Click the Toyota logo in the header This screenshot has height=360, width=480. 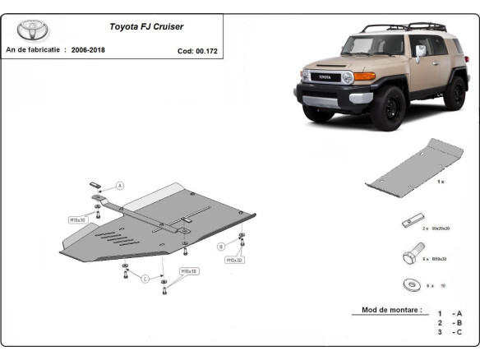point(33,30)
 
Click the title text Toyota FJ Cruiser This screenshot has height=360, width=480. point(147,26)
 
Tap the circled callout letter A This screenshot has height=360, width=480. point(120,187)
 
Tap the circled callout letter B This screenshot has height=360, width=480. point(220,246)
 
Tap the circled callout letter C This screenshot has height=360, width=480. point(145,279)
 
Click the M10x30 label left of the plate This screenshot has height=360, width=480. point(77,220)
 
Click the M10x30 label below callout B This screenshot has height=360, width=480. point(235,260)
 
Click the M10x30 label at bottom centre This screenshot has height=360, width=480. point(188,270)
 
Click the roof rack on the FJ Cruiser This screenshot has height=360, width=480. point(403,29)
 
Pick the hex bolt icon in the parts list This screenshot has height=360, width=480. point(412,255)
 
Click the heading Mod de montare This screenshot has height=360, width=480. point(391,311)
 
